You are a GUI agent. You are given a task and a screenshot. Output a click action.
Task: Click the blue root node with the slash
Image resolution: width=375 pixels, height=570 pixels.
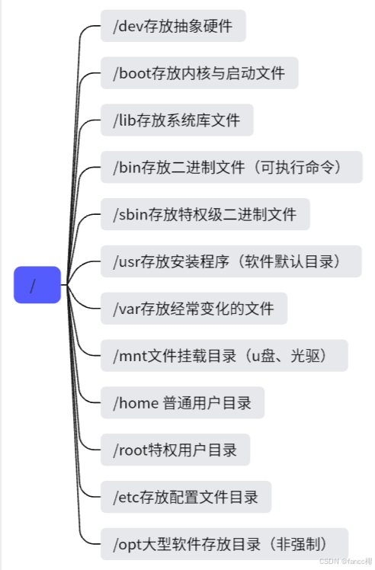coord(37,285)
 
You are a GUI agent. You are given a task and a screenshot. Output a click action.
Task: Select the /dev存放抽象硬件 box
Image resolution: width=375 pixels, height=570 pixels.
coord(173,27)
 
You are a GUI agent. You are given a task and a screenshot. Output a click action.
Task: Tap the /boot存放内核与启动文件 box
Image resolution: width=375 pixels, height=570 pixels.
coord(198,74)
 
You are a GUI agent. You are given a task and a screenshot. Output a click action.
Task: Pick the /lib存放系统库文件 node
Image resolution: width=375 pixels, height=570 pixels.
coord(176,120)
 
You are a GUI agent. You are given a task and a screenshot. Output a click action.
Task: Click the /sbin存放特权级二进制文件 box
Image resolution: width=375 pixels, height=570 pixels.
coord(205,215)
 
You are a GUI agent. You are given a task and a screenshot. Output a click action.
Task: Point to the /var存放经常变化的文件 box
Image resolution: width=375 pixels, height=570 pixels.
coord(194,309)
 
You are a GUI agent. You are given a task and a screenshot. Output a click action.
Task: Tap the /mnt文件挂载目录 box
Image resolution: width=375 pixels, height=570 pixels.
coord(224,355)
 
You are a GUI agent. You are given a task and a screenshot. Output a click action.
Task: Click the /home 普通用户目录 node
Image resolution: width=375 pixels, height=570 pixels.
coord(182,402)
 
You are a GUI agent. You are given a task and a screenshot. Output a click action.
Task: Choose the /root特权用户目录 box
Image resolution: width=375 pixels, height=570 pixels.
coord(175,450)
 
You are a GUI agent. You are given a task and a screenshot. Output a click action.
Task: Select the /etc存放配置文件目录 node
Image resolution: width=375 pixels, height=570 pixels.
coord(185,497)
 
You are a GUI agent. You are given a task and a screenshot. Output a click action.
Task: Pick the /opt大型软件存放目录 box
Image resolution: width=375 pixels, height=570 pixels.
coord(224,544)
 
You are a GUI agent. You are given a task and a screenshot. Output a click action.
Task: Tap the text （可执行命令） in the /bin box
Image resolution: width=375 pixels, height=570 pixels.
coord(298,167)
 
